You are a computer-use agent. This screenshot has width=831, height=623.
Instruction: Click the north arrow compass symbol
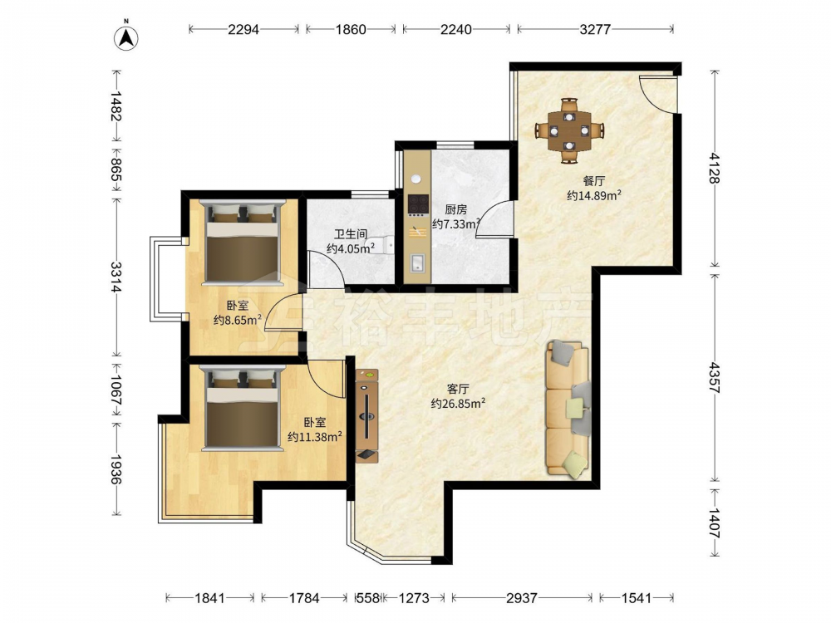(x=126, y=37)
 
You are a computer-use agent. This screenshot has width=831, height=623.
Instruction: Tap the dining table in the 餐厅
(x=568, y=130)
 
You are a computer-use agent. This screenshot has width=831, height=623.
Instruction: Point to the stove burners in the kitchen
(x=418, y=204)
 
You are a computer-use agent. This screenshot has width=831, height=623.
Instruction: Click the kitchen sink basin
(x=418, y=263)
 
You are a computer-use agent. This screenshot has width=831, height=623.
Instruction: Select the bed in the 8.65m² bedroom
(x=242, y=242)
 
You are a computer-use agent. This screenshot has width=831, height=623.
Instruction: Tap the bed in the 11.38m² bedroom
(x=242, y=409)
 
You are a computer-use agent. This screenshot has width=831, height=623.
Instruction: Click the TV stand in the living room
(x=366, y=416)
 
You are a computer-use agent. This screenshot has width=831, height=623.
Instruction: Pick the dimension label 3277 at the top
(x=595, y=29)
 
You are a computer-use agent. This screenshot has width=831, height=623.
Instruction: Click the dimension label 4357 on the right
(x=715, y=377)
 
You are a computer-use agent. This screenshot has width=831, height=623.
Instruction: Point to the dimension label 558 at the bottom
(x=368, y=598)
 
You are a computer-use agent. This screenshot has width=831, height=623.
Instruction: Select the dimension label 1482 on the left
(x=116, y=105)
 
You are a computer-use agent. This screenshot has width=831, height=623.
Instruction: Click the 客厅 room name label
(x=458, y=389)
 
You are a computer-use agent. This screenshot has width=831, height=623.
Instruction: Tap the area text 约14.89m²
(x=594, y=195)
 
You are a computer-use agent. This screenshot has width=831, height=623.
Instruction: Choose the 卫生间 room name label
(x=351, y=233)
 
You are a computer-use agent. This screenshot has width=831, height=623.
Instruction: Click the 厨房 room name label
(x=455, y=209)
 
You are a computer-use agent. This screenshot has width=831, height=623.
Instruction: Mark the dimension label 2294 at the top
(x=243, y=29)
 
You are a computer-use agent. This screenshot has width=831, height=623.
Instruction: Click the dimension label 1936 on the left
(x=116, y=468)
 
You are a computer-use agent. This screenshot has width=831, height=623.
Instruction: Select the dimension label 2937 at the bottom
(x=522, y=598)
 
